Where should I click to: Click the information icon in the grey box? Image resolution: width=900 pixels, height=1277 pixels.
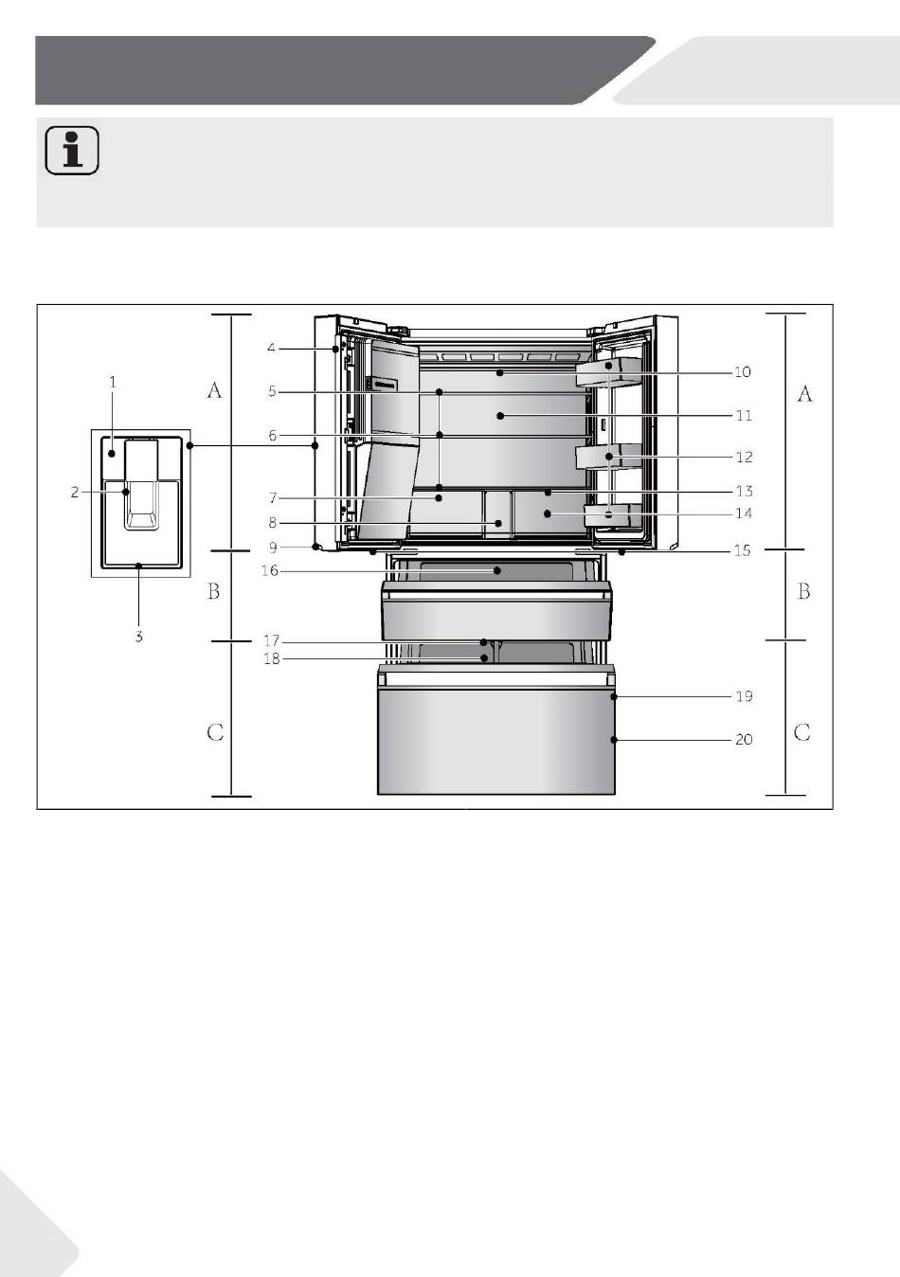click(72, 150)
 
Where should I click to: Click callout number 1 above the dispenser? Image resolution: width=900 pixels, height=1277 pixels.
click(113, 382)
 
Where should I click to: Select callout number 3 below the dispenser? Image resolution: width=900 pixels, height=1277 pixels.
click(138, 637)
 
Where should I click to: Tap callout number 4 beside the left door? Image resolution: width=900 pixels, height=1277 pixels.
click(271, 348)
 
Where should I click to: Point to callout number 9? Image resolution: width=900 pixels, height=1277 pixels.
click(273, 548)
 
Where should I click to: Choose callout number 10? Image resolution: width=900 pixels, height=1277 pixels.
click(742, 372)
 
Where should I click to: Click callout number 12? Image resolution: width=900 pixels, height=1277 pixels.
click(745, 458)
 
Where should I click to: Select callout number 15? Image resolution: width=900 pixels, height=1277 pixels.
click(742, 550)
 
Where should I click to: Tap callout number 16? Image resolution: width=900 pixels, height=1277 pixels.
click(270, 570)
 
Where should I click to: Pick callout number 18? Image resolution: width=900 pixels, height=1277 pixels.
click(271, 659)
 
